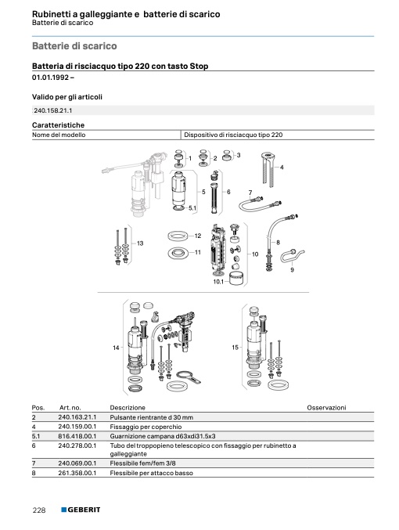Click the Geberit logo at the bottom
pos(81,510)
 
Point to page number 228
pos(39,510)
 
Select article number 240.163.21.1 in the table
pos(77,417)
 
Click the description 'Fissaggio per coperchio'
pos(146,427)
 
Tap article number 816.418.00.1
pos(77,436)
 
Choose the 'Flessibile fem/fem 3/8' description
pos(142,463)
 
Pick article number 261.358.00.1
pos(77,473)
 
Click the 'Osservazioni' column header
pos(326,408)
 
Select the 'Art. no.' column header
pos(70,408)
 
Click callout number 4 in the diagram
pos(282,167)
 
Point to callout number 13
pos(140,243)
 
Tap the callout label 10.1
pos(218,282)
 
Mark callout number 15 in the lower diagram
pos(235,347)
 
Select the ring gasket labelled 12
pos(178,236)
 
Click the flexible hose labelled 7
pos(259,204)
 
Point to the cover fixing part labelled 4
pos(268,169)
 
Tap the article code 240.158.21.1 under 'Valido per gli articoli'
pos(53,110)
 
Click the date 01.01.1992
pos(50,78)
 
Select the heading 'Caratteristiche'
pos(58,125)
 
